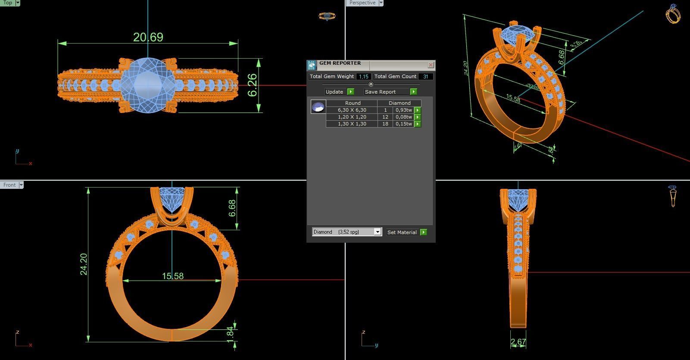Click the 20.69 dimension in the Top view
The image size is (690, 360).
(148, 38)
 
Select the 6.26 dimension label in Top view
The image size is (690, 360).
(253, 85)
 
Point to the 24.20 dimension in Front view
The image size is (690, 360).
(84, 264)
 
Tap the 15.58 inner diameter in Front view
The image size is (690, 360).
(173, 276)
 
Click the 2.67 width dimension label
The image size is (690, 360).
(518, 342)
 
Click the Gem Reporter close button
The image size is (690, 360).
(431, 65)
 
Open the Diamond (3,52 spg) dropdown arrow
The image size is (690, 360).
(378, 232)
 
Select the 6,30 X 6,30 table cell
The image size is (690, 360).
(352, 110)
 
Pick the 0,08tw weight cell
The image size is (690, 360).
(403, 117)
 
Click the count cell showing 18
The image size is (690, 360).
(385, 124)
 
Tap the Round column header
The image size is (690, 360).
(353, 103)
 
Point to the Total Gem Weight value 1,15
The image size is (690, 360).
(363, 77)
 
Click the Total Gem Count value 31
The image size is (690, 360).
(425, 77)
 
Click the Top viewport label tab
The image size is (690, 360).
(8, 3)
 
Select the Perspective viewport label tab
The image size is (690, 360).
(362, 3)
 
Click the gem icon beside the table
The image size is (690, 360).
(318, 107)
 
